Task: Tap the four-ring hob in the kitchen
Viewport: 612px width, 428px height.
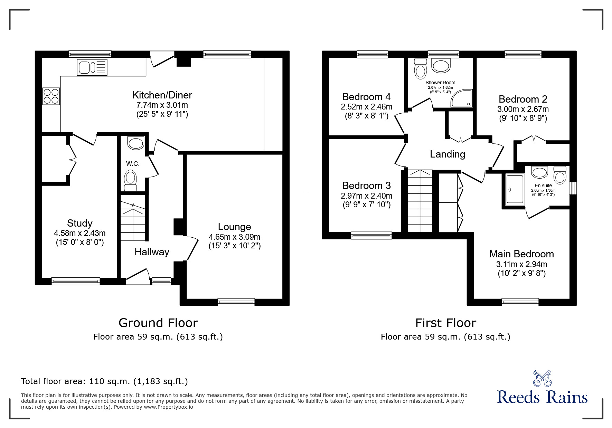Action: point(51,96)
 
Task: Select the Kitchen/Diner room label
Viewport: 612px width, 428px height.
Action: point(162,95)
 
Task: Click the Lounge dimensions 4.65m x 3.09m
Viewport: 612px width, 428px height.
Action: point(234,237)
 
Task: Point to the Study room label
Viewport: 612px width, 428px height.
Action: point(79,223)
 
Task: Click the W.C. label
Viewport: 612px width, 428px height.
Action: point(133,164)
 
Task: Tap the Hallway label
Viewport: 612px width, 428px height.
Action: point(152,252)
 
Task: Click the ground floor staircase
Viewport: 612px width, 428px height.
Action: point(133,218)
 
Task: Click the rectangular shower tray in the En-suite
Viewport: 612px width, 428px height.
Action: point(515,190)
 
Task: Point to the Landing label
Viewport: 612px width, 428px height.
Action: point(447,154)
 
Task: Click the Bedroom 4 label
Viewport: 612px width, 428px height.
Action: point(366,96)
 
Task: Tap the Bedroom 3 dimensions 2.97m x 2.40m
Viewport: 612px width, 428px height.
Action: point(366,196)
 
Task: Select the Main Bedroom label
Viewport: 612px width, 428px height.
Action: point(521,254)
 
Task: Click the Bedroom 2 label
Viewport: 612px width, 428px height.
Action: point(522,99)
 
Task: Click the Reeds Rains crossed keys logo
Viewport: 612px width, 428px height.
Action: point(542,379)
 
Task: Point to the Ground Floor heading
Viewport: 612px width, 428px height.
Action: point(158,323)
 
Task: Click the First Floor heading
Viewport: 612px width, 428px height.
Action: point(445,323)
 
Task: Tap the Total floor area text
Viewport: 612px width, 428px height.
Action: point(104,381)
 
